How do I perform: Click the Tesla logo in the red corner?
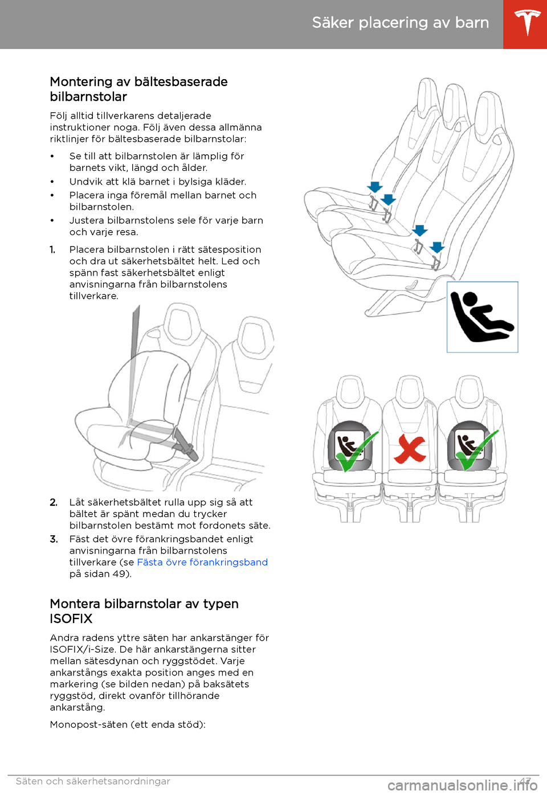[527, 23]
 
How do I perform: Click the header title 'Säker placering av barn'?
[401, 23]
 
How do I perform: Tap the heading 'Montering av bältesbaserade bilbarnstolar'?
[138, 89]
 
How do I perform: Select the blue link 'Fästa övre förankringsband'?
[202, 562]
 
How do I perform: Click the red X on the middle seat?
[410, 449]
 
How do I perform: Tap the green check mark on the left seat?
[357, 452]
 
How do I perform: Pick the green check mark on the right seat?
[477, 450]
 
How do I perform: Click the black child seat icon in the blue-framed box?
[481, 317]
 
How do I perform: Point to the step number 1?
[52, 250]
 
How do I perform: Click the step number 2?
[54, 502]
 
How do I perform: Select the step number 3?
[54, 539]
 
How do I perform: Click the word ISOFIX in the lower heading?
[71, 618]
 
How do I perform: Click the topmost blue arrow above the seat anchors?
[375, 187]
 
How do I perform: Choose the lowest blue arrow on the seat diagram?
[437, 247]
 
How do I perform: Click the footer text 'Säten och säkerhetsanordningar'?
[93, 781]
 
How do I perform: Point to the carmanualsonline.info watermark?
[464, 786]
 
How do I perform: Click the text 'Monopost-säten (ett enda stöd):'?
[128, 724]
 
